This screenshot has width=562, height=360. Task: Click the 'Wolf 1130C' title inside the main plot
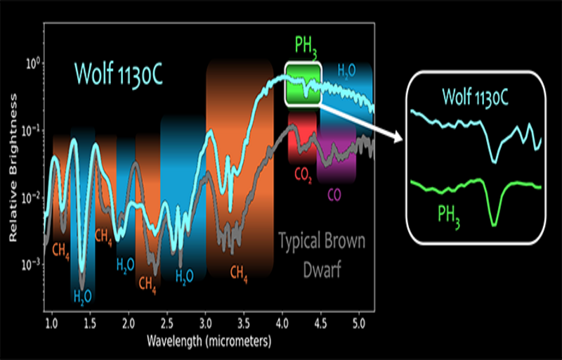119,74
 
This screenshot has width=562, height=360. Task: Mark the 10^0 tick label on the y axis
33,63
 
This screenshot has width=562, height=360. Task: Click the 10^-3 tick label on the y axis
33,264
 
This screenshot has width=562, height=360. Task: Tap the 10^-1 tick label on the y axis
33,130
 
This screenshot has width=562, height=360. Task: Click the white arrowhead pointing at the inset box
396,138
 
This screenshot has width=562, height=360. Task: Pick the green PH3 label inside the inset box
447,214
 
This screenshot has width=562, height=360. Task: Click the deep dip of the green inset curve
495,224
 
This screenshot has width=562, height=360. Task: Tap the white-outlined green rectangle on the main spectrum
303,84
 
